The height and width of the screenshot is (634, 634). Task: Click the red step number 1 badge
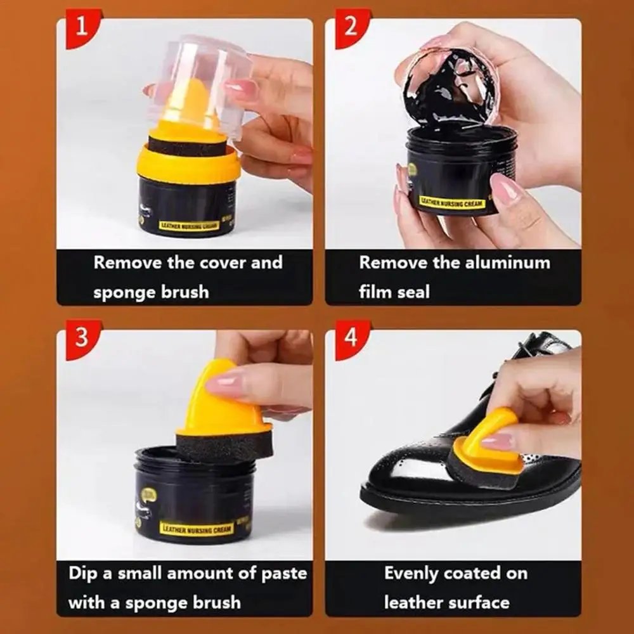[81, 28]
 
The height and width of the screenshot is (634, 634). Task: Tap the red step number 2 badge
[349, 28]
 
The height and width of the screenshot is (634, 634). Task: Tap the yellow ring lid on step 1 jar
[188, 167]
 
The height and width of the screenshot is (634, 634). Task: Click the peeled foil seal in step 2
[451, 89]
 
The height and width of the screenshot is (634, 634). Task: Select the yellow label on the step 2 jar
[451, 203]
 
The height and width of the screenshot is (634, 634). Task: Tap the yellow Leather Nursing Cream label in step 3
[196, 528]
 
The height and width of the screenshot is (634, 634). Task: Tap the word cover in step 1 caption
[222, 262]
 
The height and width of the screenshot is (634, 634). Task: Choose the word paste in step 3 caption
[283, 573]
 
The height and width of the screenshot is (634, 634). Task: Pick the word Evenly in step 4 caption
[411, 573]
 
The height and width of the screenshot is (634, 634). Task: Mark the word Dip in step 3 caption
[82, 573]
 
